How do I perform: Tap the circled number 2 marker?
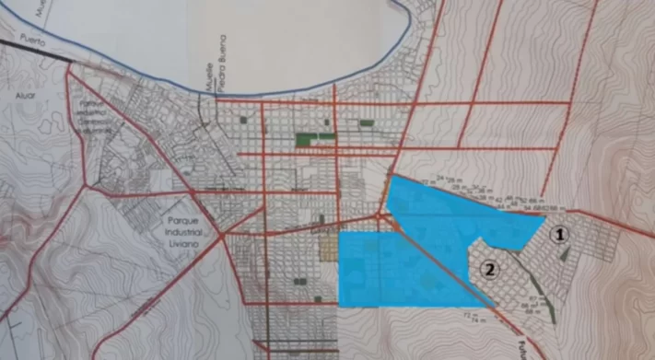coord(490,270)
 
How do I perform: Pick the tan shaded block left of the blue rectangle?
coord(328,248)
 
